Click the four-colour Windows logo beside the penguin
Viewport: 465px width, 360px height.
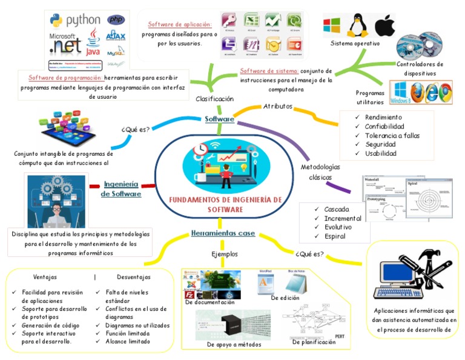coord(331,26)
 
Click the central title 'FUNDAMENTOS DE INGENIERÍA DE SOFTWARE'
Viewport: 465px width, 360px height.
coord(225,204)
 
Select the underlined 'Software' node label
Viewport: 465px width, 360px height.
coord(219,119)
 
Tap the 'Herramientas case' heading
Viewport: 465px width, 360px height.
coord(223,233)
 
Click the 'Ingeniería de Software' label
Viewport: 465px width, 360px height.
coord(121,188)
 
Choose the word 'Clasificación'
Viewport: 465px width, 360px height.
coord(214,99)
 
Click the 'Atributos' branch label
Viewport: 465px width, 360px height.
coord(278,106)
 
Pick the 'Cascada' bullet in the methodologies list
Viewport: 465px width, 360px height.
coord(337,209)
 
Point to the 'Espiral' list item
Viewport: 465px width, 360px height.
coord(335,236)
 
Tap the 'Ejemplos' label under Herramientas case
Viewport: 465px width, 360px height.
coord(225,254)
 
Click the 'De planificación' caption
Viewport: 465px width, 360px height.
coord(314,342)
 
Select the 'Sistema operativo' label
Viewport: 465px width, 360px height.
coord(355,44)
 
